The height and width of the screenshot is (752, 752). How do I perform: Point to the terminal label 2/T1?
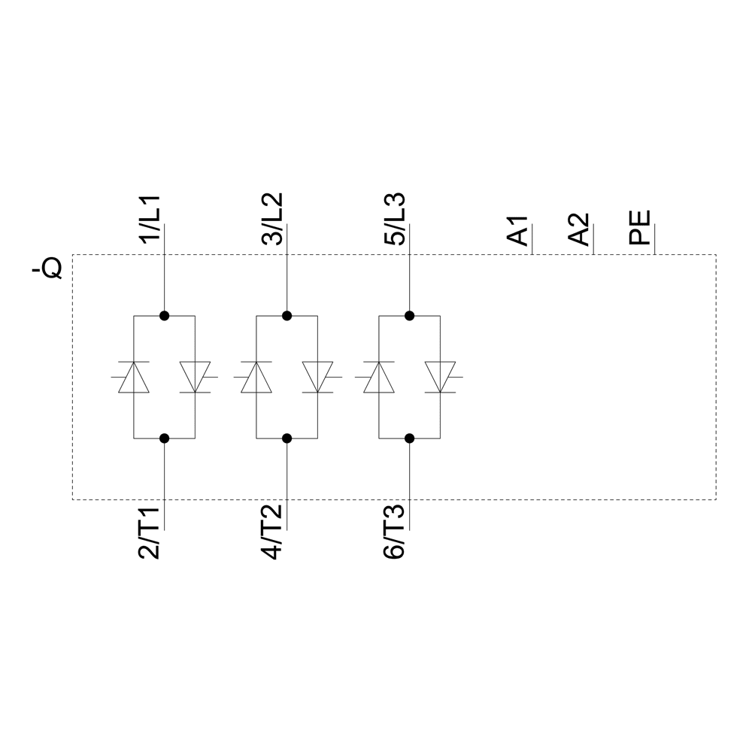pos(149,533)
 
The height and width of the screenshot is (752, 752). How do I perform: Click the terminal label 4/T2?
pos(271,533)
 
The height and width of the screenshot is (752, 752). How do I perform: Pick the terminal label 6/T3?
pos(394,533)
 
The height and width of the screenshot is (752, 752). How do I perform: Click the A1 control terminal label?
pos(517,231)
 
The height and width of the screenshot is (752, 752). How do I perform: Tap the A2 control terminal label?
pos(578,229)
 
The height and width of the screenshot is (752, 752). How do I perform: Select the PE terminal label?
pos(640,227)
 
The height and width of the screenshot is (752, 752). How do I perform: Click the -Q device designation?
pos(47,268)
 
